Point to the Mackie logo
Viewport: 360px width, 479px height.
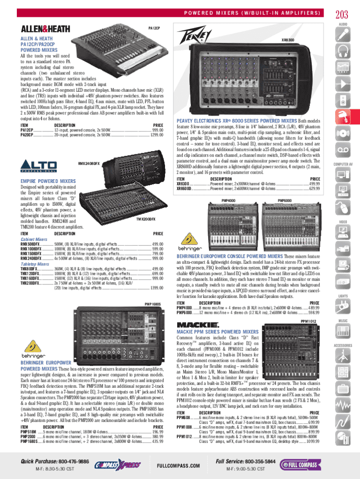coord(197,325)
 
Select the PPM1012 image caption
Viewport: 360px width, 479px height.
coord(309,321)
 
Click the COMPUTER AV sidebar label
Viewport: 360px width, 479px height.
coord(343,165)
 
